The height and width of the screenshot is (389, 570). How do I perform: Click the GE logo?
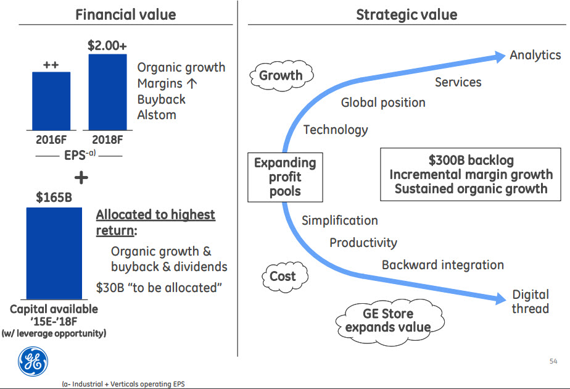click(33, 362)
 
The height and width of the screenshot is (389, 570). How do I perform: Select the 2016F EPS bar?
click(51, 101)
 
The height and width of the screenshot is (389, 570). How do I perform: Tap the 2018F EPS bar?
click(107, 92)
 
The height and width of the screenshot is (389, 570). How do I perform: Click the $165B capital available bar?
click(54, 253)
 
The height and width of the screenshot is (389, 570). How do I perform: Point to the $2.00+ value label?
click(107, 46)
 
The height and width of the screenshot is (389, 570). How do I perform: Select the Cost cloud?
click(284, 277)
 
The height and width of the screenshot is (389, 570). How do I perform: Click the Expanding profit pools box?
click(285, 177)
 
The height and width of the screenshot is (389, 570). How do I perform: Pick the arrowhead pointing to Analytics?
click(499, 57)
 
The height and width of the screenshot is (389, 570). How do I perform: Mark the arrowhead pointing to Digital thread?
click(500, 298)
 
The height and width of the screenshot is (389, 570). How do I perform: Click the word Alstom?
click(157, 115)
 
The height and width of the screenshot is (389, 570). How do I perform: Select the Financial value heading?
click(126, 15)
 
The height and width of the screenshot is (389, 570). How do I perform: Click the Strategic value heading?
click(407, 15)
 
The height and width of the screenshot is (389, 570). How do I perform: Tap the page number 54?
click(553, 361)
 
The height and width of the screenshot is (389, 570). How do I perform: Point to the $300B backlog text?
click(471, 160)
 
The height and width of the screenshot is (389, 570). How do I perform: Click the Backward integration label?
click(443, 265)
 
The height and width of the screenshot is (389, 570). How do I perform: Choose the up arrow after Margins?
click(192, 83)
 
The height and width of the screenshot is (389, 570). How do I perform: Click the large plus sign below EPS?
click(81, 178)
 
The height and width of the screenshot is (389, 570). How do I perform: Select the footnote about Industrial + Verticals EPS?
click(123, 384)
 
